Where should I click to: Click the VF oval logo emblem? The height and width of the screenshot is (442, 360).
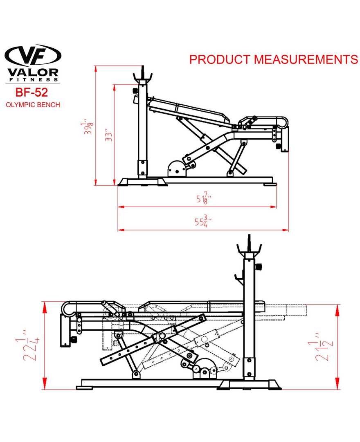33,55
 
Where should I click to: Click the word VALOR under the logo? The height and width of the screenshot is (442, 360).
33,72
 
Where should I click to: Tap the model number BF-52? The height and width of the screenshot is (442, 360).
32,92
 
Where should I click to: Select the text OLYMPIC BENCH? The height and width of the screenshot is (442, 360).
33,105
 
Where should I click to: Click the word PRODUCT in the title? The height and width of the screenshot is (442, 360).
220,59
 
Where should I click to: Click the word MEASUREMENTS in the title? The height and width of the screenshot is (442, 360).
306,59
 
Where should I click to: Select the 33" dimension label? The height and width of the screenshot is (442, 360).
108,135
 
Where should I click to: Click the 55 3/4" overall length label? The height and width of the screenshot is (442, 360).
203,221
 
